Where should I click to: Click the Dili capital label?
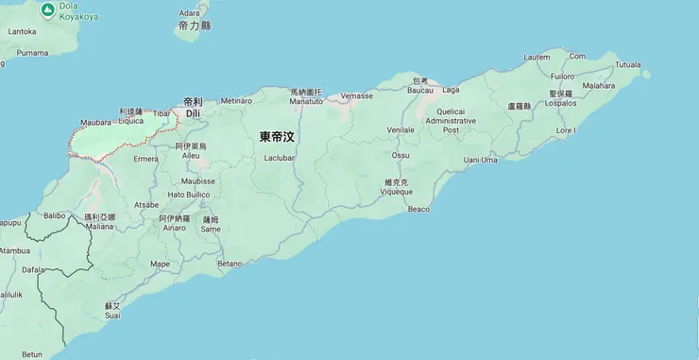(193, 112)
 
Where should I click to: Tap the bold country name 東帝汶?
(278, 136)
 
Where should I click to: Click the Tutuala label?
(628, 64)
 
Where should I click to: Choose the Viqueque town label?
(396, 191)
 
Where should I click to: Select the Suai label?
(112, 316)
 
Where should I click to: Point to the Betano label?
(230, 264)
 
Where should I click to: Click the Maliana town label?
(99, 226)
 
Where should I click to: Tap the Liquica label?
(130, 121)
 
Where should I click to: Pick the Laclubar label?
(280, 158)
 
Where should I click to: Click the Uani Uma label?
(480, 160)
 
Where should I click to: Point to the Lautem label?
(536, 57)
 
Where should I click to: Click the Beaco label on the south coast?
(418, 208)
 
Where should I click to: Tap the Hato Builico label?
(188, 195)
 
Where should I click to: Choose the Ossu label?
(401, 154)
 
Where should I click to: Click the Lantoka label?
(22, 31)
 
